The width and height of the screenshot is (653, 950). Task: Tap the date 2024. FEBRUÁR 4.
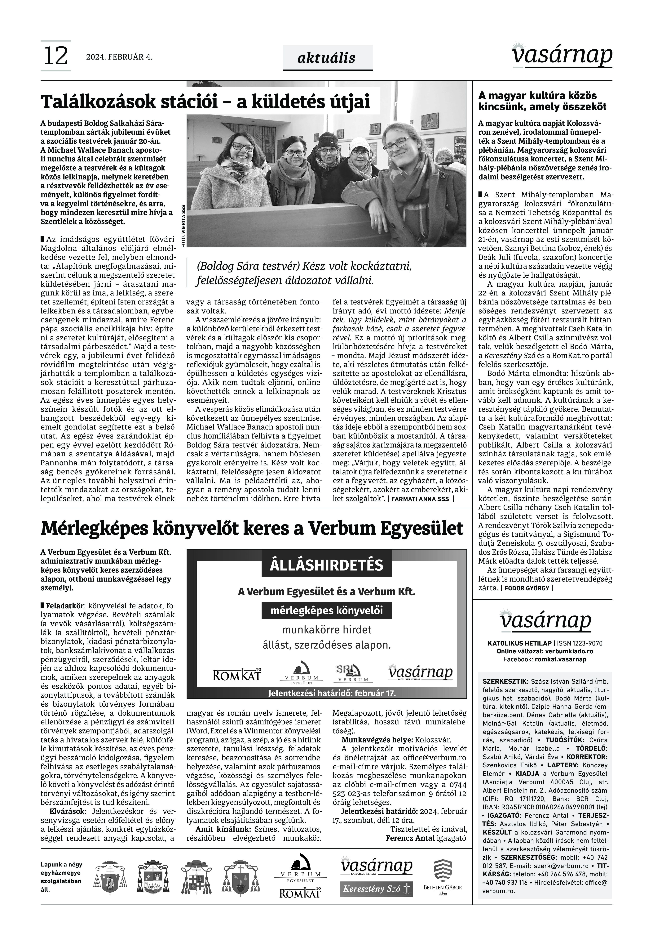pos(119,57)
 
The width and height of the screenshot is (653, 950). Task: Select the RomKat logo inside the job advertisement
pos(237,675)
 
